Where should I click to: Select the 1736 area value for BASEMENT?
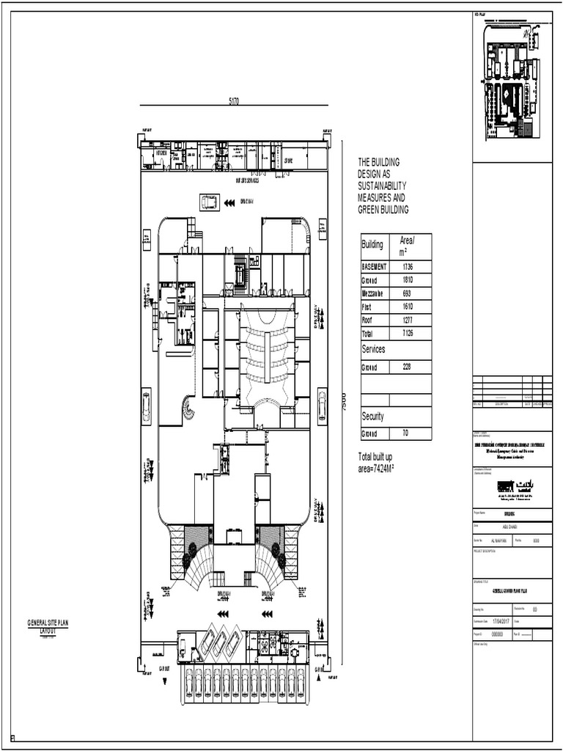[x=408, y=267]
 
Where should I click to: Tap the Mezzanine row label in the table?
[x=375, y=293]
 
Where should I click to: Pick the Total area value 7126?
[x=408, y=334]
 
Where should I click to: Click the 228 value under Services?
[x=408, y=367]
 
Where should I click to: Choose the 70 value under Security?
[x=405, y=433]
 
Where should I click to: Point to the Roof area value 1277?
[x=408, y=320]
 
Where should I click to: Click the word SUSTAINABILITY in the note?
[x=381, y=186]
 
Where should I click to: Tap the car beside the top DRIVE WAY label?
[x=209, y=202]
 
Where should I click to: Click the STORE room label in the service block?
[x=288, y=159]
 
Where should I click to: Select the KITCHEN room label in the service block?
[x=161, y=153]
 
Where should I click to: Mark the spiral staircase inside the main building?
[x=188, y=406]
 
